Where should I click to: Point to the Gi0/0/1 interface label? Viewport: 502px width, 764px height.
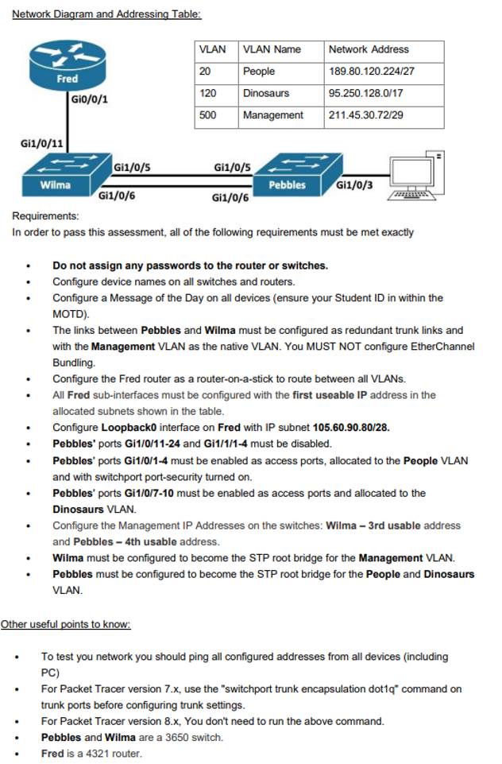click(x=90, y=99)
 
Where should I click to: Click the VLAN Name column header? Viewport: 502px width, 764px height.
click(x=272, y=49)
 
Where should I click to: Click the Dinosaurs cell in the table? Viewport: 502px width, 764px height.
click(x=266, y=93)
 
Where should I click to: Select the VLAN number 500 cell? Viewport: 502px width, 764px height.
click(x=208, y=115)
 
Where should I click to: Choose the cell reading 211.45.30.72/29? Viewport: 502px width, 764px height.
click(x=366, y=115)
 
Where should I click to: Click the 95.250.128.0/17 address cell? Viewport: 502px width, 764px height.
click(x=366, y=93)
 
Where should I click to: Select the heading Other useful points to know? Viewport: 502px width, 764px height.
click(x=65, y=624)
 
